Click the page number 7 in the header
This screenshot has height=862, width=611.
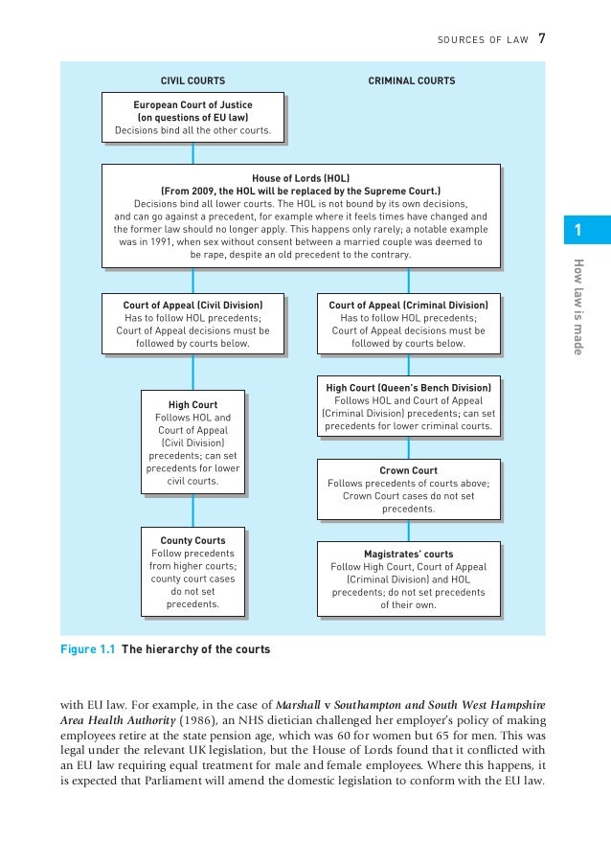(x=542, y=38)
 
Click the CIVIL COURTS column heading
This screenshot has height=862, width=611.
(x=192, y=80)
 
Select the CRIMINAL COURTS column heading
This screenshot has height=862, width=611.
(x=412, y=80)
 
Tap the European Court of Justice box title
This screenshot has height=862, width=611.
(x=193, y=102)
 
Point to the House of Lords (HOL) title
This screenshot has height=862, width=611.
(x=301, y=178)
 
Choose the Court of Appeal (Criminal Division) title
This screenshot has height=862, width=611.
(x=408, y=306)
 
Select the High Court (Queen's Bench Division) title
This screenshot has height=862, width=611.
(x=408, y=387)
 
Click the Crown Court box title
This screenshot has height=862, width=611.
(x=408, y=470)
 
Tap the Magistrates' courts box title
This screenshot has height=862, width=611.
(x=408, y=554)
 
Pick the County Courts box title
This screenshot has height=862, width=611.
(x=192, y=541)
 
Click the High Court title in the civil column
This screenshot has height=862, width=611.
(x=192, y=405)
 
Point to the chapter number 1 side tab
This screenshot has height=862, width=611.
(x=578, y=230)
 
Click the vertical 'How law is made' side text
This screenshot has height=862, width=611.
(x=578, y=306)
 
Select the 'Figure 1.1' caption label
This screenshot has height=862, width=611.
(x=88, y=649)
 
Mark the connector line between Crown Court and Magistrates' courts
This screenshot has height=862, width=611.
(x=409, y=532)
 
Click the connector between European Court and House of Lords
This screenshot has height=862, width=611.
(x=193, y=153)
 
